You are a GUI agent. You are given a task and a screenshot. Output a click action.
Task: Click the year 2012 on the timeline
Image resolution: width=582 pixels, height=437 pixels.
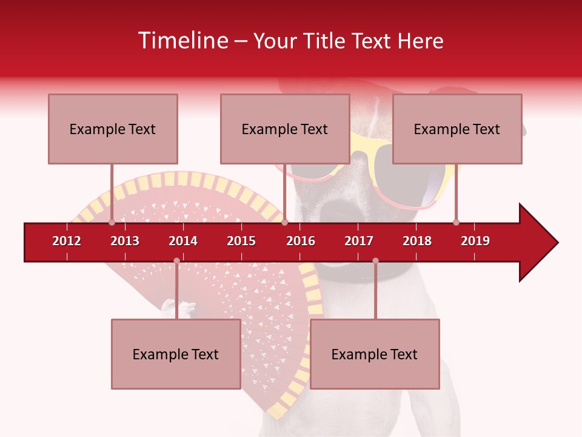tap(67, 241)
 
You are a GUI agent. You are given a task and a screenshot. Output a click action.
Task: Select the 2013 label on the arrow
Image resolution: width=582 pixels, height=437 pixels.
tap(125, 241)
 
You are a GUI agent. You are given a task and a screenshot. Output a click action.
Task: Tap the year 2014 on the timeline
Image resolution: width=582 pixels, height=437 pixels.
tap(183, 241)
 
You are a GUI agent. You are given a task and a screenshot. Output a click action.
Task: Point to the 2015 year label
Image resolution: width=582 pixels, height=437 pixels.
tap(241, 241)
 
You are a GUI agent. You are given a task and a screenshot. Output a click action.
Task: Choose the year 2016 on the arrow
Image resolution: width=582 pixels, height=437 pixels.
tap(301, 241)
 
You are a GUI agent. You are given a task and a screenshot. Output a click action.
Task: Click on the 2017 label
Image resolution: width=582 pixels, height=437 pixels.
tap(359, 241)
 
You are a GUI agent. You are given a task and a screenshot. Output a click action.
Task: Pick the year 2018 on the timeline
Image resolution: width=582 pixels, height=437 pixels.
tap(417, 241)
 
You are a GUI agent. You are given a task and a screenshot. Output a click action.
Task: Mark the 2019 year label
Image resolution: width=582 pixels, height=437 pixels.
tap(475, 241)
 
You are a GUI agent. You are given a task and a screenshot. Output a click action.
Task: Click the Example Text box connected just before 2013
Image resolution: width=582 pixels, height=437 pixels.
tap(113, 129)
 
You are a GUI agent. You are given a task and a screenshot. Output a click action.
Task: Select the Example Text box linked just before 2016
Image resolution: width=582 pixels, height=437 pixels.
tap(285, 129)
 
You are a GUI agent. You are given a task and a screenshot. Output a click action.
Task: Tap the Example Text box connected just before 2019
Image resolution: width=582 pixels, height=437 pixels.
tap(457, 129)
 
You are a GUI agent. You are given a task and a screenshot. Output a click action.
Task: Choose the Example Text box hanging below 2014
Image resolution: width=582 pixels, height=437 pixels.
tap(176, 354)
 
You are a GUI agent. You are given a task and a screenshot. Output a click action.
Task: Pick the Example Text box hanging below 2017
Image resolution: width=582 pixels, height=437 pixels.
tap(375, 354)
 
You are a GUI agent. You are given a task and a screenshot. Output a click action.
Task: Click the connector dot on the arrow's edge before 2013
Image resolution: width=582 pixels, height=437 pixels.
tap(112, 223)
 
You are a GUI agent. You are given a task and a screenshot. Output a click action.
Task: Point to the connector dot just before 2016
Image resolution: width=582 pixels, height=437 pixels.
tap(284, 223)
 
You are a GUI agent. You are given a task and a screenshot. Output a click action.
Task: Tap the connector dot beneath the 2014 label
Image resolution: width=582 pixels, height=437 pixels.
tap(176, 261)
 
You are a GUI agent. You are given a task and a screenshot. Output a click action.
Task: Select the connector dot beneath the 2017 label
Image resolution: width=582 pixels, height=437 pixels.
tap(375, 261)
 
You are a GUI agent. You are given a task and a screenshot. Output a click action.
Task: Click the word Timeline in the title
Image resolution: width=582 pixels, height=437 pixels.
tap(183, 41)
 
